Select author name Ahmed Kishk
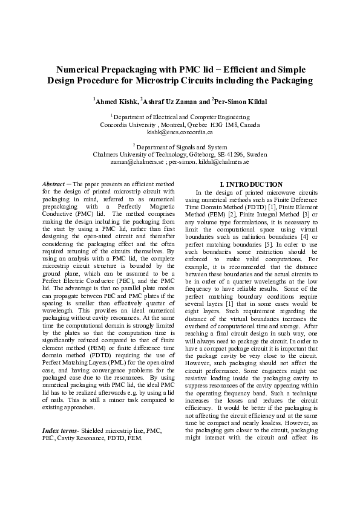tap(116, 101)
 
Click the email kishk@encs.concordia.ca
tap(180, 131)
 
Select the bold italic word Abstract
tap(53, 184)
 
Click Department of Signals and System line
tap(180, 146)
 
